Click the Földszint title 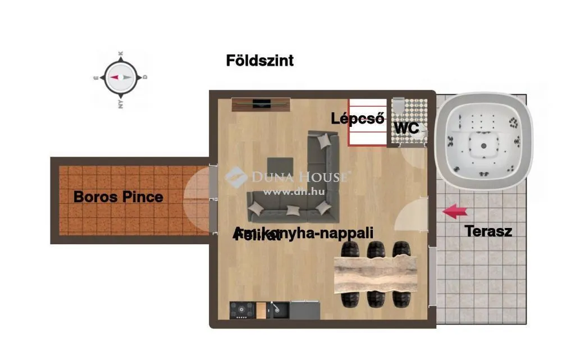[x=259, y=61]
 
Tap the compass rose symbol [x=120, y=78]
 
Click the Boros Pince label [x=118, y=197]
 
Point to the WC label [x=407, y=128]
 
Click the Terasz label [x=488, y=231]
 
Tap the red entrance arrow [x=455, y=211]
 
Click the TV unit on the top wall [x=261, y=104]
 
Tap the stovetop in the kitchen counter [x=242, y=309]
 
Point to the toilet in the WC [x=398, y=106]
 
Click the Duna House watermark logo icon [x=236, y=177]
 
